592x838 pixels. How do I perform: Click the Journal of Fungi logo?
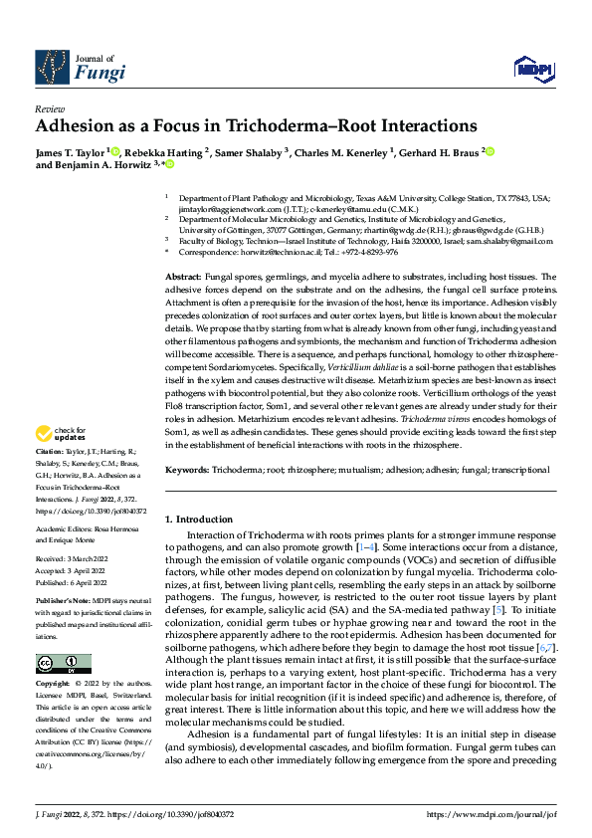80,67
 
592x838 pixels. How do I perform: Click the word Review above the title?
49,107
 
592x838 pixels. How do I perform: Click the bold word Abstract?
185,276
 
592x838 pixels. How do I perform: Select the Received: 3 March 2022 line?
75,560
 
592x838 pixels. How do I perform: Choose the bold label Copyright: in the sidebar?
52,657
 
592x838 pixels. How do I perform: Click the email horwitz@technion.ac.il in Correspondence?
275,253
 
